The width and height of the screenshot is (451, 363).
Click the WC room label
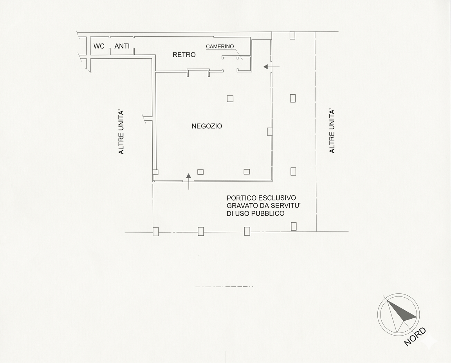point(99,46)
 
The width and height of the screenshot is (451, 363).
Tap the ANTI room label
point(122,46)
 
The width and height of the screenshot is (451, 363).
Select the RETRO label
point(184,55)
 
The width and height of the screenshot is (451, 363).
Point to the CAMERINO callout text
point(220,46)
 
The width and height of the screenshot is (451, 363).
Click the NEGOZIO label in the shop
point(207,126)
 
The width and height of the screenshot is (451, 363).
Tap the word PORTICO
point(242,198)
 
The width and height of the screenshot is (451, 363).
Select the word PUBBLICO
point(270,213)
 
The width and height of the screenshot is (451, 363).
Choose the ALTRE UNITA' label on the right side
point(332,131)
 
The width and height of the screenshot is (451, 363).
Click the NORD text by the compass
point(415,336)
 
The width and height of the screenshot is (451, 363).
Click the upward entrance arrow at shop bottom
point(188,182)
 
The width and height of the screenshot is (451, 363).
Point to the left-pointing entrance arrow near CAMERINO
point(271,67)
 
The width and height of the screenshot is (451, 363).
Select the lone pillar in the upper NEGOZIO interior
point(230,99)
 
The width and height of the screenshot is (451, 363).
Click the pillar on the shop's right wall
point(269,132)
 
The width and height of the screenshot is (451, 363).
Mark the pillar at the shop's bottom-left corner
point(155,172)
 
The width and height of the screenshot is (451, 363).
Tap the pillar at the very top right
point(292,35)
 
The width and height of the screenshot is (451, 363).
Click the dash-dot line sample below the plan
point(224,287)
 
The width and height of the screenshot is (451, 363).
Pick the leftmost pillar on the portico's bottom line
point(155,231)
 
